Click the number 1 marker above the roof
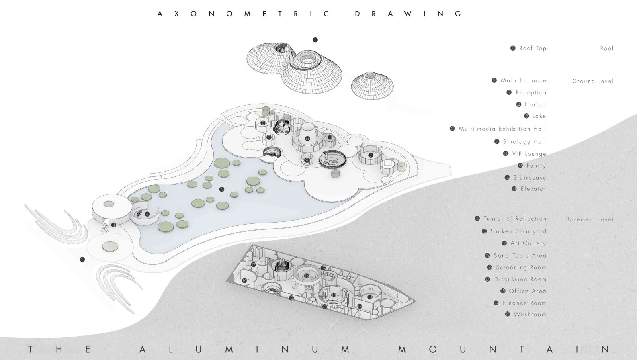pyautogui.click(x=315, y=40)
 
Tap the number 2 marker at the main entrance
pyautogui.click(x=82, y=259)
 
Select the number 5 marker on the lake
pyautogui.click(x=222, y=189)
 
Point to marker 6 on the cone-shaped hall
pyautogui.click(x=307, y=139)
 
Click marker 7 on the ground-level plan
pyautogui.click(x=371, y=155)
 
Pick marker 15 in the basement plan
pyautogui.click(x=307, y=276)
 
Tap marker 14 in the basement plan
pyautogui.click(x=370, y=297)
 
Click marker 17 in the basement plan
pyautogui.click(x=253, y=265)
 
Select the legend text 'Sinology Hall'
pyautogui.click(x=525, y=142)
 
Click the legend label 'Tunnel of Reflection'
pyautogui.click(x=515, y=219)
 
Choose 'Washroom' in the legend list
pyautogui.click(x=530, y=314)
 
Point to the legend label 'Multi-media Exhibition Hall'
pyautogui.click(x=502, y=129)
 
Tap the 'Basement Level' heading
pyautogui.click(x=590, y=219)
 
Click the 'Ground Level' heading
pyautogui.click(x=593, y=81)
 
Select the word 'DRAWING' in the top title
pyautogui.click(x=408, y=14)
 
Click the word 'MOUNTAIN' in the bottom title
pyautogui.click(x=504, y=349)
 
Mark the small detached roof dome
pyautogui.click(x=372, y=86)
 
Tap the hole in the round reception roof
pyautogui.click(x=109, y=204)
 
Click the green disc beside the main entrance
pyautogui.click(x=110, y=247)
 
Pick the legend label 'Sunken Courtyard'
pyautogui.click(x=518, y=231)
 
